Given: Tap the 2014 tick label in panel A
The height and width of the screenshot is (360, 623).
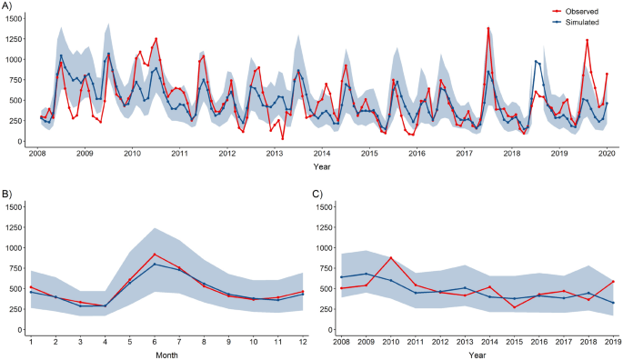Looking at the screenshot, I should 322,155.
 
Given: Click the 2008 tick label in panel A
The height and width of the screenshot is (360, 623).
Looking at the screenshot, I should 37,155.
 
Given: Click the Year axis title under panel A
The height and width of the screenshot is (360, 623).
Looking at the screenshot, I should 322,166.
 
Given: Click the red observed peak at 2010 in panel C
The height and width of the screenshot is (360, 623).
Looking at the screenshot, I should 391,257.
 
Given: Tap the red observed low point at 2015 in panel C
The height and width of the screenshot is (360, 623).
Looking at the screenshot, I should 513,307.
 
